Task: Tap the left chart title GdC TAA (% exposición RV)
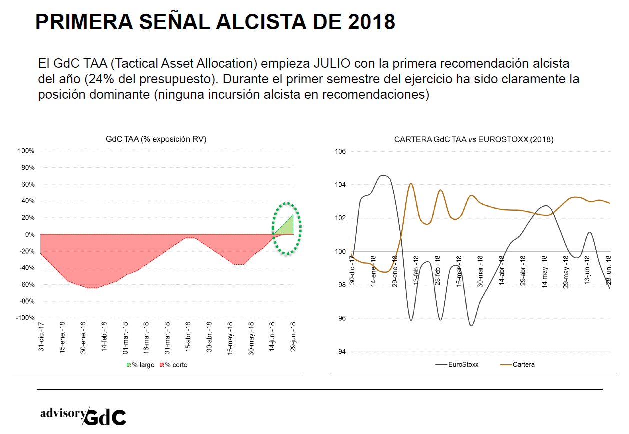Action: (x=156, y=139)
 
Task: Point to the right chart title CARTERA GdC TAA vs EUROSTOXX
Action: (x=473, y=139)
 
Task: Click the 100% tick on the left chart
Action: (x=26, y=151)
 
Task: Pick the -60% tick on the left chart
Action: (x=26, y=285)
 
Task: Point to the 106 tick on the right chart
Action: (x=340, y=151)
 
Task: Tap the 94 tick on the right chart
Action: (x=342, y=352)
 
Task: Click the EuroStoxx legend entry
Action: (x=457, y=364)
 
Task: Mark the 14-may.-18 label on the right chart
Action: (x=545, y=270)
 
